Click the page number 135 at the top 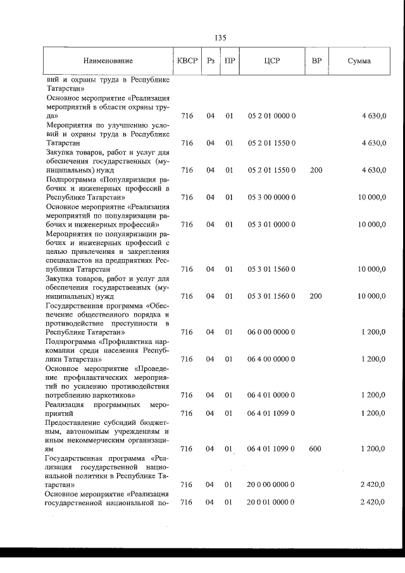point(220,37)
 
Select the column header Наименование point(108,61)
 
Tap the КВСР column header point(187,61)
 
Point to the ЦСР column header point(271,61)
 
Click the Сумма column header point(359,61)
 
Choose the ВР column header point(316,61)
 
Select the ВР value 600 point(315,449)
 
